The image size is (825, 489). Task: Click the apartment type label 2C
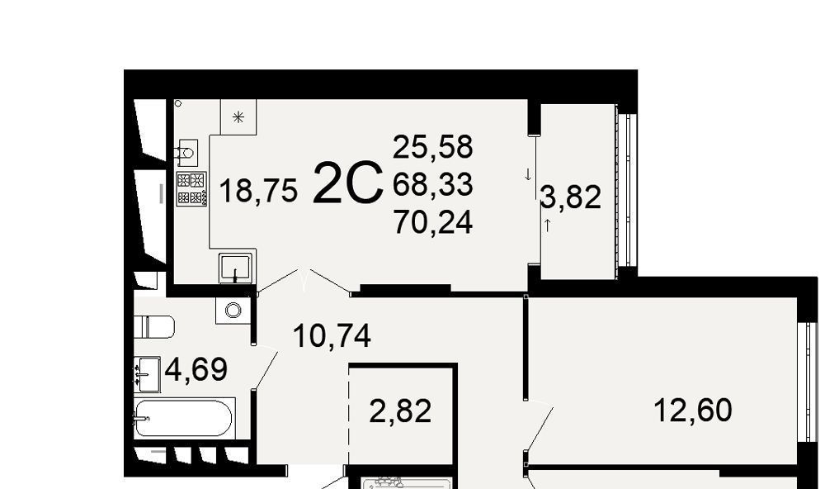[348, 183]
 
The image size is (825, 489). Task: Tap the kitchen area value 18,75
[258, 190]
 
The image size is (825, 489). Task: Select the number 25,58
[433, 146]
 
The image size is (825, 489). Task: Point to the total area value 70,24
[433, 222]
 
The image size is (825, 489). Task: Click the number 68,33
[433, 184]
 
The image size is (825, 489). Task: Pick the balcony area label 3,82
[571, 197]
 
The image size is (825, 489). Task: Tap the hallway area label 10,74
[332, 335]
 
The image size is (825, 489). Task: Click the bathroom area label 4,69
[196, 369]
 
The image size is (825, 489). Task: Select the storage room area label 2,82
[400, 411]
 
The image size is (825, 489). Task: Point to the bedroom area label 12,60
[692, 410]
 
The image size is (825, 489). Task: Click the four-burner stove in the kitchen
[191, 188]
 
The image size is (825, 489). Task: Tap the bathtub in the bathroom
[183, 419]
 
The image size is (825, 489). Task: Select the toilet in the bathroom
[154, 327]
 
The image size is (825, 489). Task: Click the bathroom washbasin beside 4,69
[147, 374]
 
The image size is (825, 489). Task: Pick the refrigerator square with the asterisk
[238, 116]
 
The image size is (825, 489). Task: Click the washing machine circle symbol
[233, 310]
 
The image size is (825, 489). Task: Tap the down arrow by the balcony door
[528, 175]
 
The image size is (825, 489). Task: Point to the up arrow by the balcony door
[547, 226]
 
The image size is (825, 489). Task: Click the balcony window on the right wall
[625, 190]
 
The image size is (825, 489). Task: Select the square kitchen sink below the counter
[235, 268]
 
